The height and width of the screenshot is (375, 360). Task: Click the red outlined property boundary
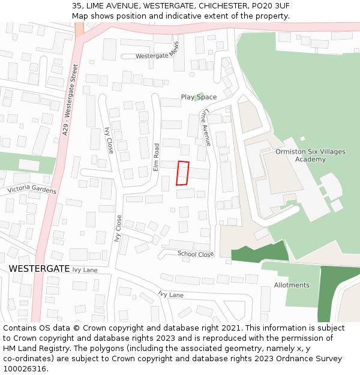(183, 173)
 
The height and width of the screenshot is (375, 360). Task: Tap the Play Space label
(199, 97)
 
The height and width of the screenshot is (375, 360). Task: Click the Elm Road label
(156, 157)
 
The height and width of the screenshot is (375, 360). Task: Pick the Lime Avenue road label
(206, 127)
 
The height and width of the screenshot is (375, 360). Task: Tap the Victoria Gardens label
(32, 190)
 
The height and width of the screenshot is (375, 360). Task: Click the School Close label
(196, 254)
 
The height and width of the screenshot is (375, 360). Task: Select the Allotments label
(292, 285)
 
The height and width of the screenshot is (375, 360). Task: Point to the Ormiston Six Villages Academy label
(310, 155)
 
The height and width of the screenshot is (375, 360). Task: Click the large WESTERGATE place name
(40, 269)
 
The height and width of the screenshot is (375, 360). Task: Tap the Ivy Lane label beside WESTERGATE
(85, 270)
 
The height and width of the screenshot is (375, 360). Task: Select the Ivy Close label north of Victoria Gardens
(109, 140)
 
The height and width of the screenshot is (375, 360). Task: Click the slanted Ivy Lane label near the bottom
(171, 295)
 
